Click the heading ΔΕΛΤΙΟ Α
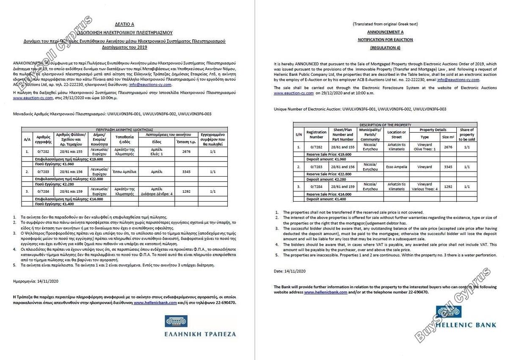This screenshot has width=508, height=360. pos(124,24)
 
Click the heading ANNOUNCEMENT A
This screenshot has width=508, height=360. pos(385,32)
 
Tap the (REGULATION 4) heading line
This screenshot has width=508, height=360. pos(385,47)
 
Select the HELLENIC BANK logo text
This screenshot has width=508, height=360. pos(465,325)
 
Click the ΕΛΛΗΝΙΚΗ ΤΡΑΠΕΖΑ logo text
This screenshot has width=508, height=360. pos(200,334)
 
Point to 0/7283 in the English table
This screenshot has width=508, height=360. pos(316,167)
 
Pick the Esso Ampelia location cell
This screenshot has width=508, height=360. pos(397,167)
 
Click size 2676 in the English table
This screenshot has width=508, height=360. pos(447,147)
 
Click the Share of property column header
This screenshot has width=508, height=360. pos(467,134)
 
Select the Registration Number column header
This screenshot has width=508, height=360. pos(316,134)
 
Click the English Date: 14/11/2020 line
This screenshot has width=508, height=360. pos(290,271)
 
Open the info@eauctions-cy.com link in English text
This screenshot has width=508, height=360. pos(458,79)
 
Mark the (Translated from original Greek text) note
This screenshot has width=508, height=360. pos(385,24)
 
